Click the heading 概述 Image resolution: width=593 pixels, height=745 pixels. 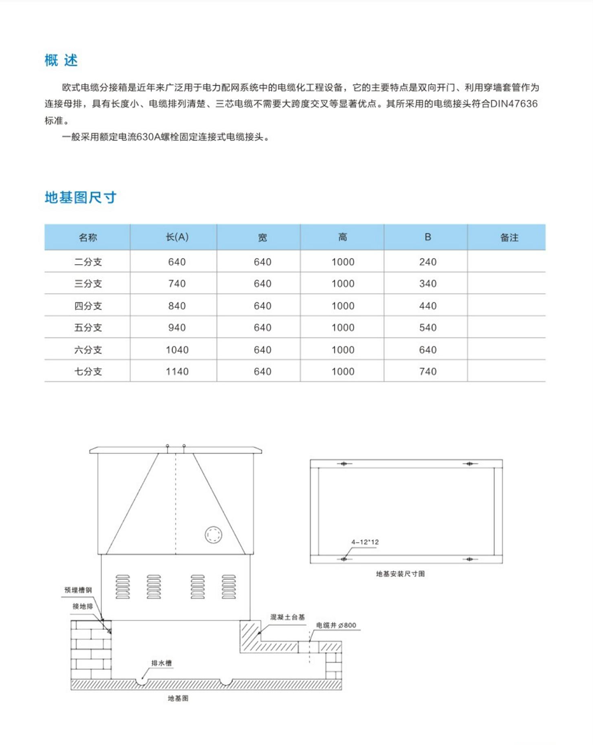[x=61, y=60]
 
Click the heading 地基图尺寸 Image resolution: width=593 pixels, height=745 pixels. [x=80, y=197]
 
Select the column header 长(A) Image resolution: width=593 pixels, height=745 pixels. [x=177, y=237]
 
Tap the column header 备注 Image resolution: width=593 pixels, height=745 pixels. [x=509, y=237]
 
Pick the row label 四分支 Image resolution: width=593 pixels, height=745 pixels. [x=88, y=306]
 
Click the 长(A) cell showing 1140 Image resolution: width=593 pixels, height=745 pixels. [x=177, y=371]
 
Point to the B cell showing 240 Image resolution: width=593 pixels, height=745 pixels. [x=427, y=262]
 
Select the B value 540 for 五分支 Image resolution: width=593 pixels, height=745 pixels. [x=427, y=328]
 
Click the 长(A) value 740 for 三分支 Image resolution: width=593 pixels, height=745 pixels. [x=177, y=284]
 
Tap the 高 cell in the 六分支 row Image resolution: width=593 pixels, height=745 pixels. [x=343, y=350]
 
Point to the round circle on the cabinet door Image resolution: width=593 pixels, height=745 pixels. [x=213, y=535]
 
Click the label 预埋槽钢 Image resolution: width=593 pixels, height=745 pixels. [x=78, y=590]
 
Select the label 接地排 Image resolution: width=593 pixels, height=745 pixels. [x=82, y=606]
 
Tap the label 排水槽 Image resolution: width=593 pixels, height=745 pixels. [x=161, y=663]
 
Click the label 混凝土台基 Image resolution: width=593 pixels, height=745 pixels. [x=287, y=617]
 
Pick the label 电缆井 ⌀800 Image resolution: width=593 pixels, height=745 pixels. [x=336, y=625]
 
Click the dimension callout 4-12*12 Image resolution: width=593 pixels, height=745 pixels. [x=365, y=542]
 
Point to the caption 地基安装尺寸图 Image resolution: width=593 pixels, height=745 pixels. [x=400, y=574]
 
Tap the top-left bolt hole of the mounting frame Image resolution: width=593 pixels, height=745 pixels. [x=343, y=464]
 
